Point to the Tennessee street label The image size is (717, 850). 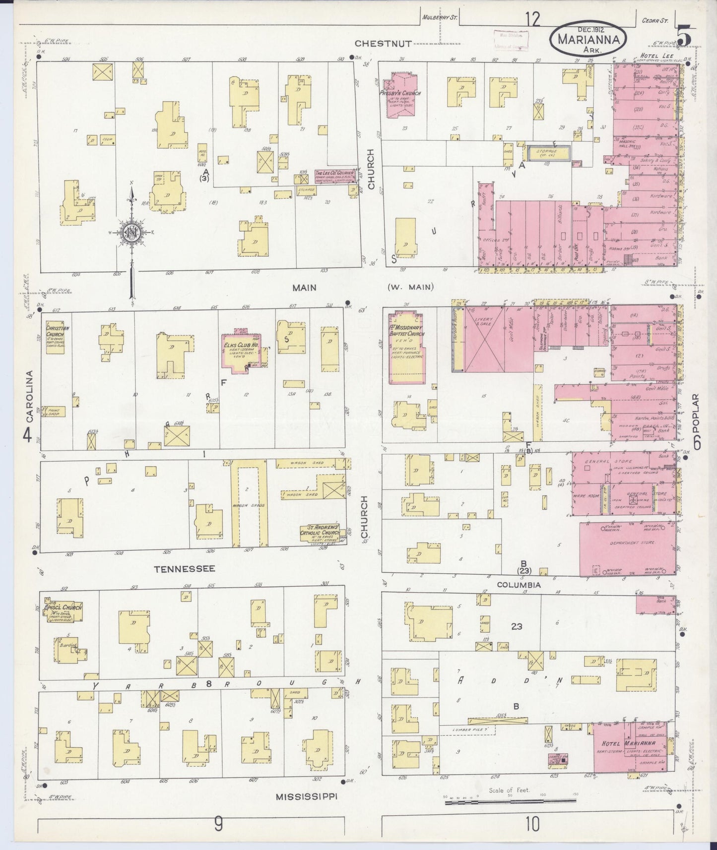[x=185, y=568]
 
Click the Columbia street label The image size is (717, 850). [x=519, y=585]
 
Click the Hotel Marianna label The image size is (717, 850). [x=629, y=743]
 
